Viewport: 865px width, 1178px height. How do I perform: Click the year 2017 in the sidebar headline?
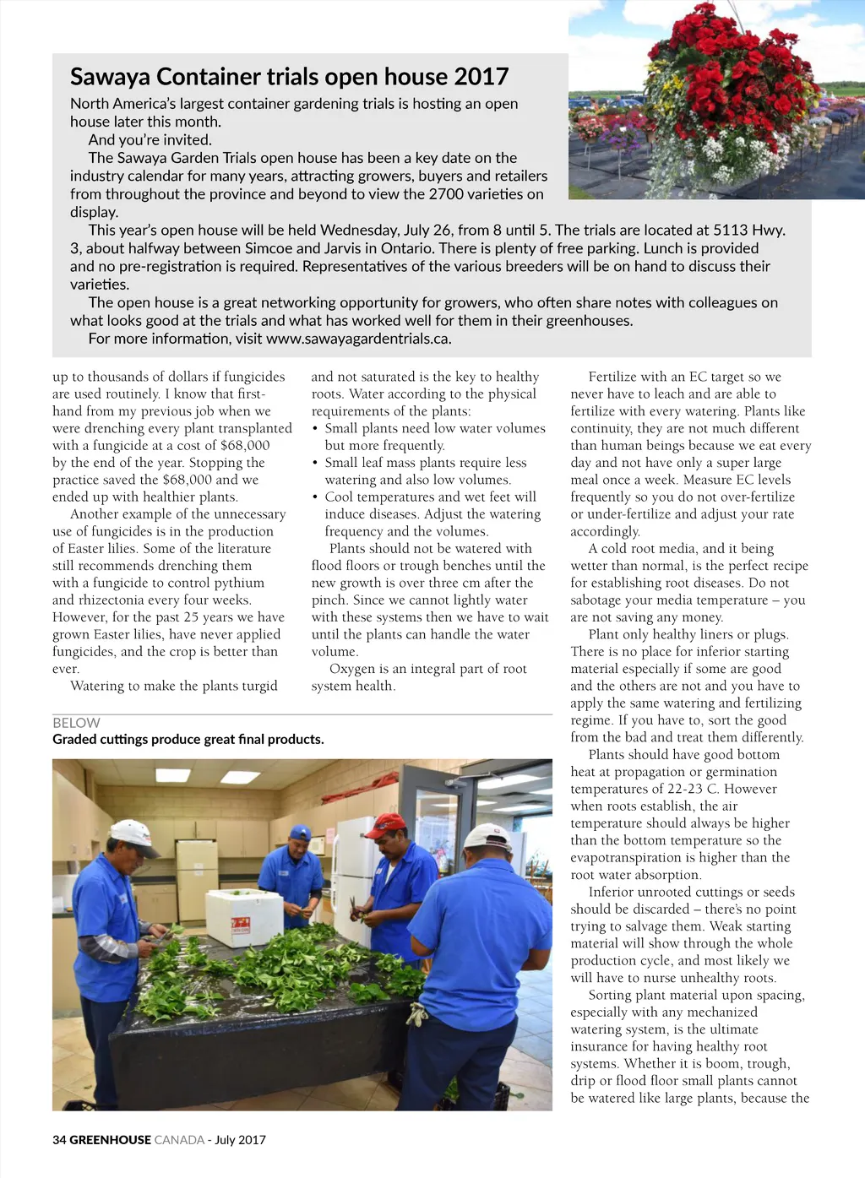[481, 77]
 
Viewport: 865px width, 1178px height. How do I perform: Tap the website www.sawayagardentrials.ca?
[358, 339]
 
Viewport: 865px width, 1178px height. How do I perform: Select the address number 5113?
[732, 230]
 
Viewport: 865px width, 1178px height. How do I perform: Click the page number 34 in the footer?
[59, 1139]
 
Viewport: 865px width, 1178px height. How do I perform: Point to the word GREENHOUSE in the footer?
[110, 1139]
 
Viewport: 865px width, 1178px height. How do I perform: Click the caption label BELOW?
[76, 723]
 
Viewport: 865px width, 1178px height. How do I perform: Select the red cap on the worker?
[387, 822]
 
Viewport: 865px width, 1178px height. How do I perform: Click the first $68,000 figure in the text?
[245, 445]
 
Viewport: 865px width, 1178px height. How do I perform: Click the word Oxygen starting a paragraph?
[351, 669]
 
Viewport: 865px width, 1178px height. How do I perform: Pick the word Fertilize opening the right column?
[617, 377]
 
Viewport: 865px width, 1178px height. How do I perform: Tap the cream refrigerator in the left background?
[196, 878]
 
